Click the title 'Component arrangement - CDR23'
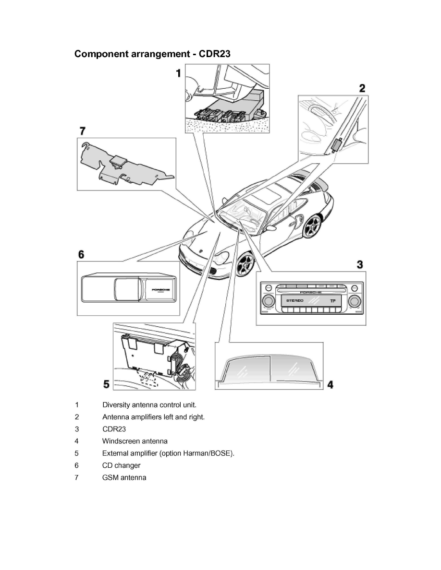152,54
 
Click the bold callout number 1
178,73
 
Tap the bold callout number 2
362,88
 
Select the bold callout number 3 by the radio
359,264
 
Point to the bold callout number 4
330,384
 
